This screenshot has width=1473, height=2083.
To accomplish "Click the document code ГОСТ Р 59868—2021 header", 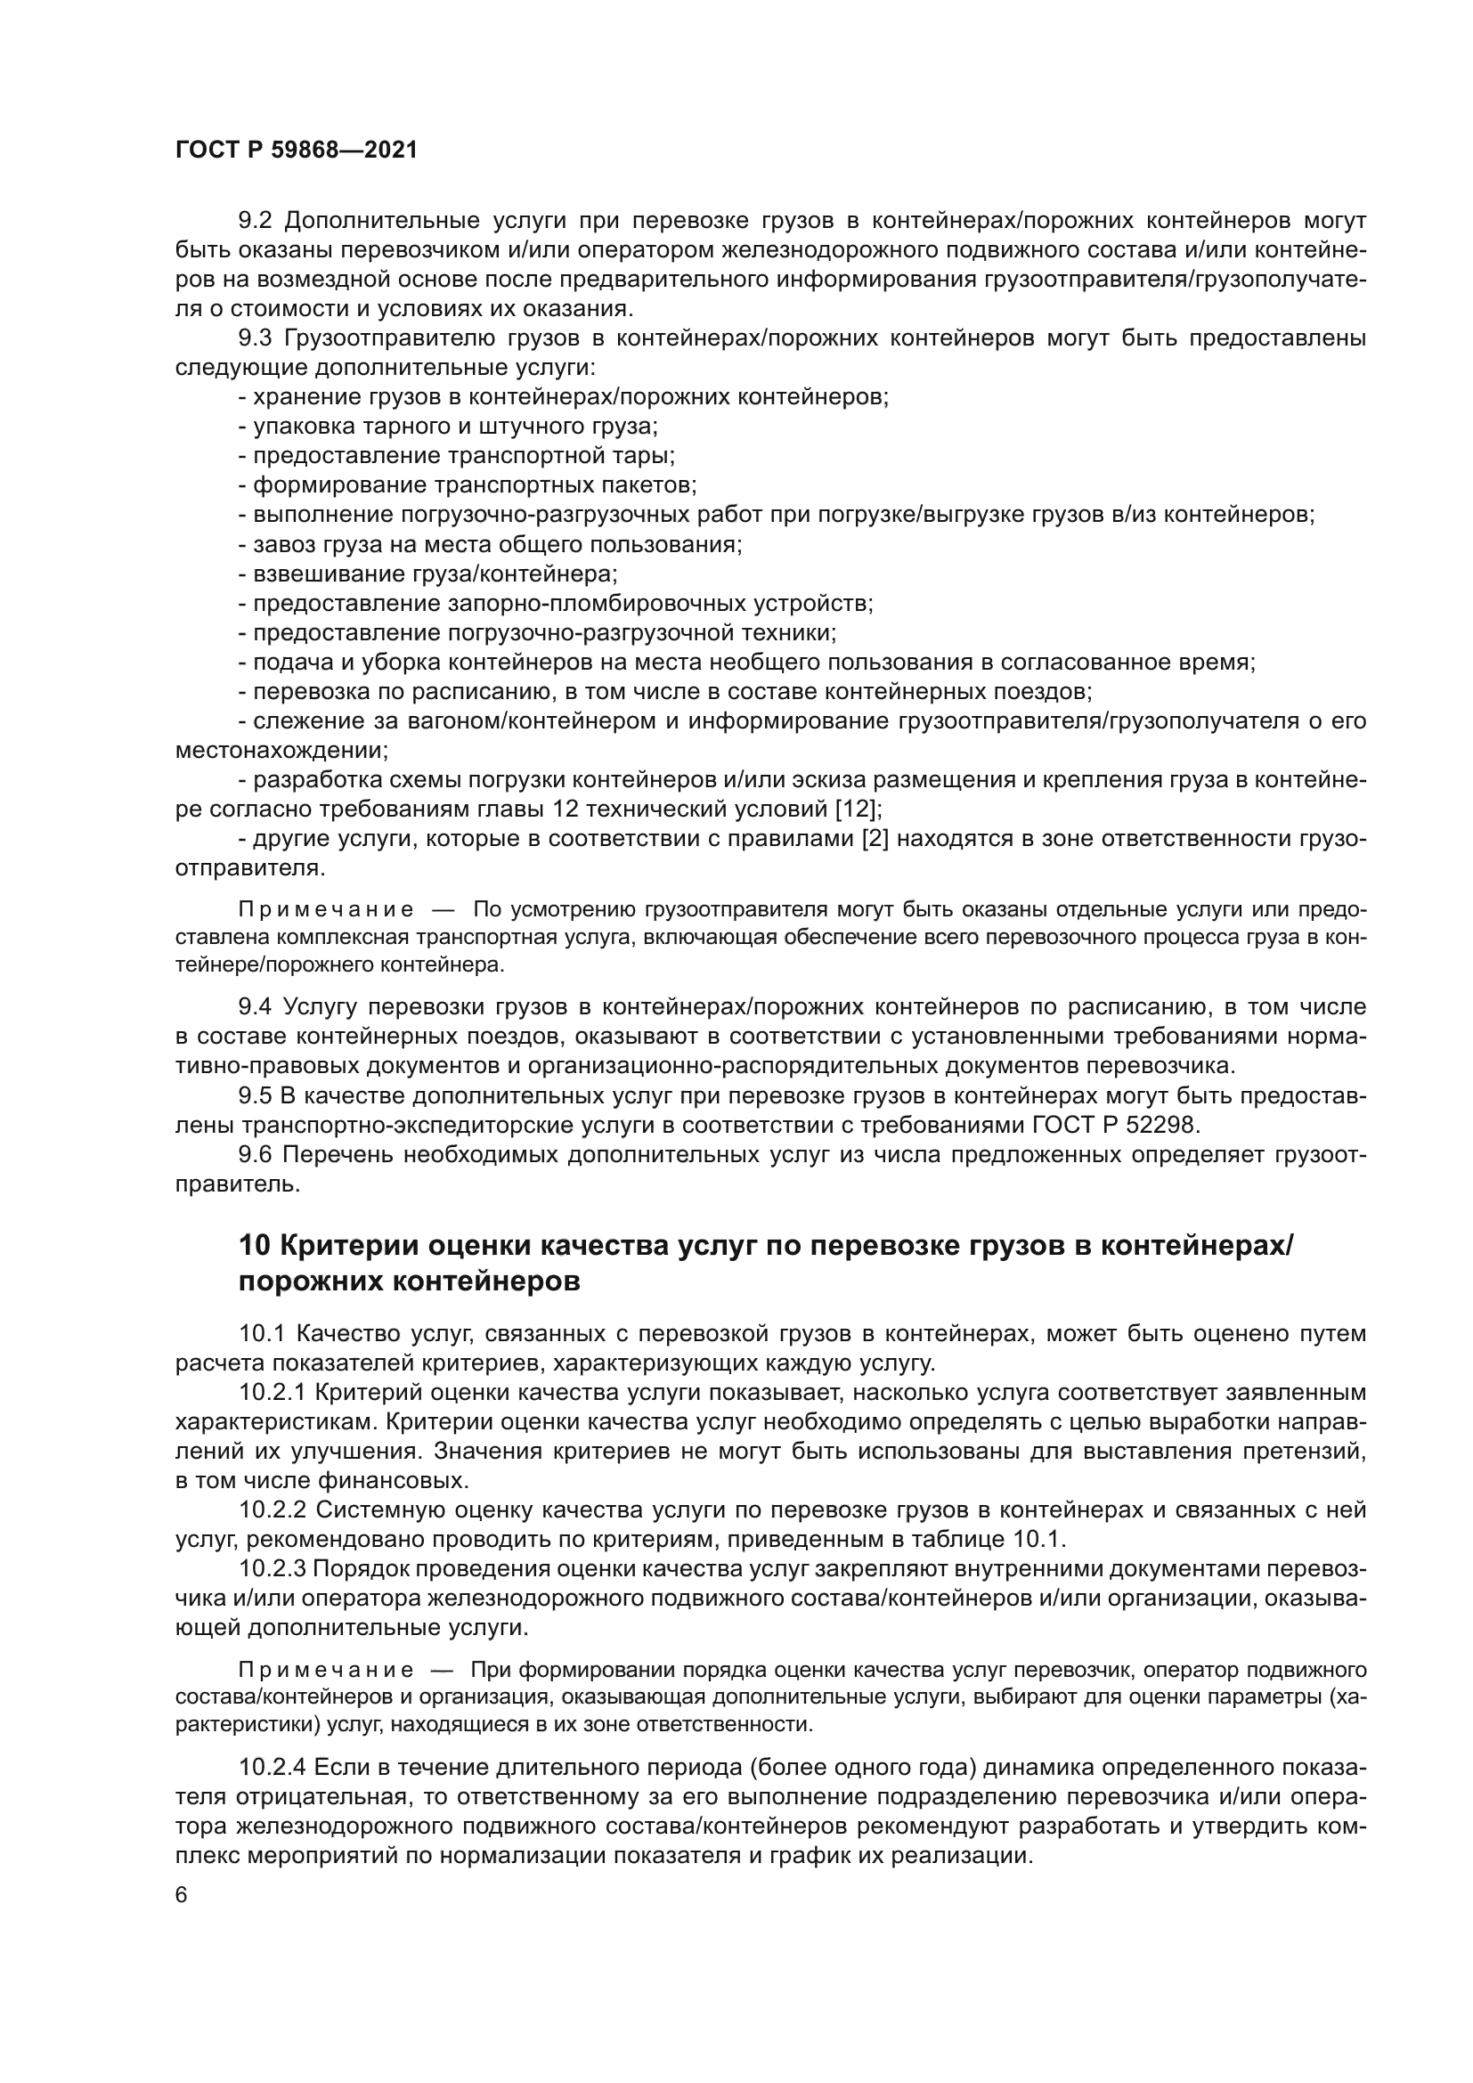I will tap(296, 151).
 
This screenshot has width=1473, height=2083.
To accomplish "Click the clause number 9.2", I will tap(255, 221).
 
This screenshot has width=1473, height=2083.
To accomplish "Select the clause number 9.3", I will tap(255, 338).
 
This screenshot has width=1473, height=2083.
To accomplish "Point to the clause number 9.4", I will tap(255, 1007).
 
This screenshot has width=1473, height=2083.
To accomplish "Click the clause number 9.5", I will tap(255, 1096).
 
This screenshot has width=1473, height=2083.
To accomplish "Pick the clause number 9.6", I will tap(255, 1155).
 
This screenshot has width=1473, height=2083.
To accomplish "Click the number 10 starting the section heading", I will tap(254, 1247).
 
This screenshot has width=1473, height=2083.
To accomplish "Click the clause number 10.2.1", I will tap(272, 1393).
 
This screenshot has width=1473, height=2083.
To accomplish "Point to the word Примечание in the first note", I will tap(326, 910).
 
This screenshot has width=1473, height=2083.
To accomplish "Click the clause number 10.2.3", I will tap(272, 1569).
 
